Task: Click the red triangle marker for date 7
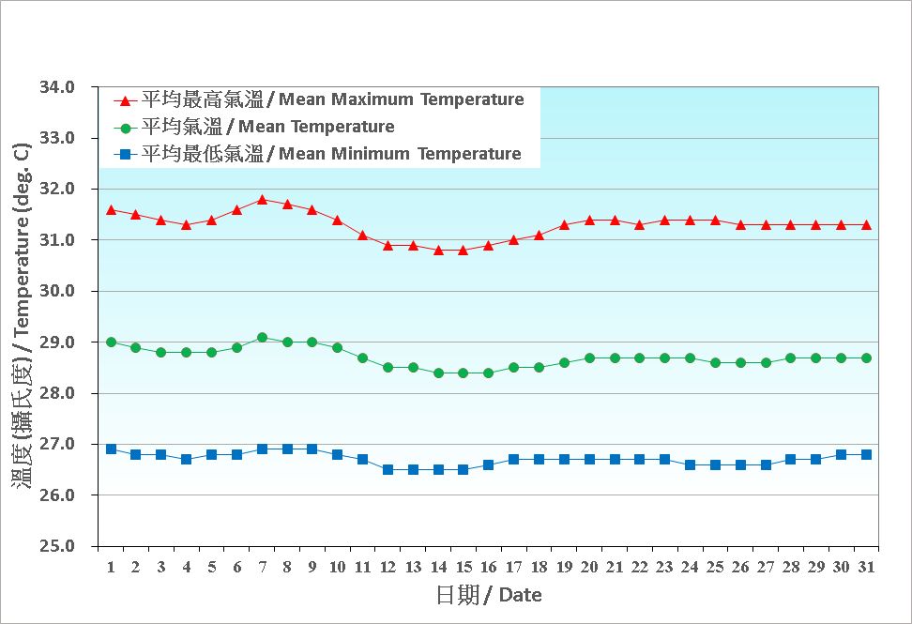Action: pos(262,199)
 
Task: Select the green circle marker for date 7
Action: pos(262,338)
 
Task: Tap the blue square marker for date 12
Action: pos(388,469)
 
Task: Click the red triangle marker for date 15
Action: pos(463,250)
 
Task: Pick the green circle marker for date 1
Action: pos(111,342)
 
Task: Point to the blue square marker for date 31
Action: pos(866,454)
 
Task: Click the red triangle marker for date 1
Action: pos(111,209)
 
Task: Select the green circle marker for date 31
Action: pos(866,358)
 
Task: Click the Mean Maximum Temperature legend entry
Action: pos(319,99)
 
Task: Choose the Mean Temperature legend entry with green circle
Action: pos(254,127)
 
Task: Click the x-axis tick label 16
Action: pos(488,568)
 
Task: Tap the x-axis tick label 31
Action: pos(866,568)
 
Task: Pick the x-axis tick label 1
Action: pos(111,568)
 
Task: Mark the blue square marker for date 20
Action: pos(589,459)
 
